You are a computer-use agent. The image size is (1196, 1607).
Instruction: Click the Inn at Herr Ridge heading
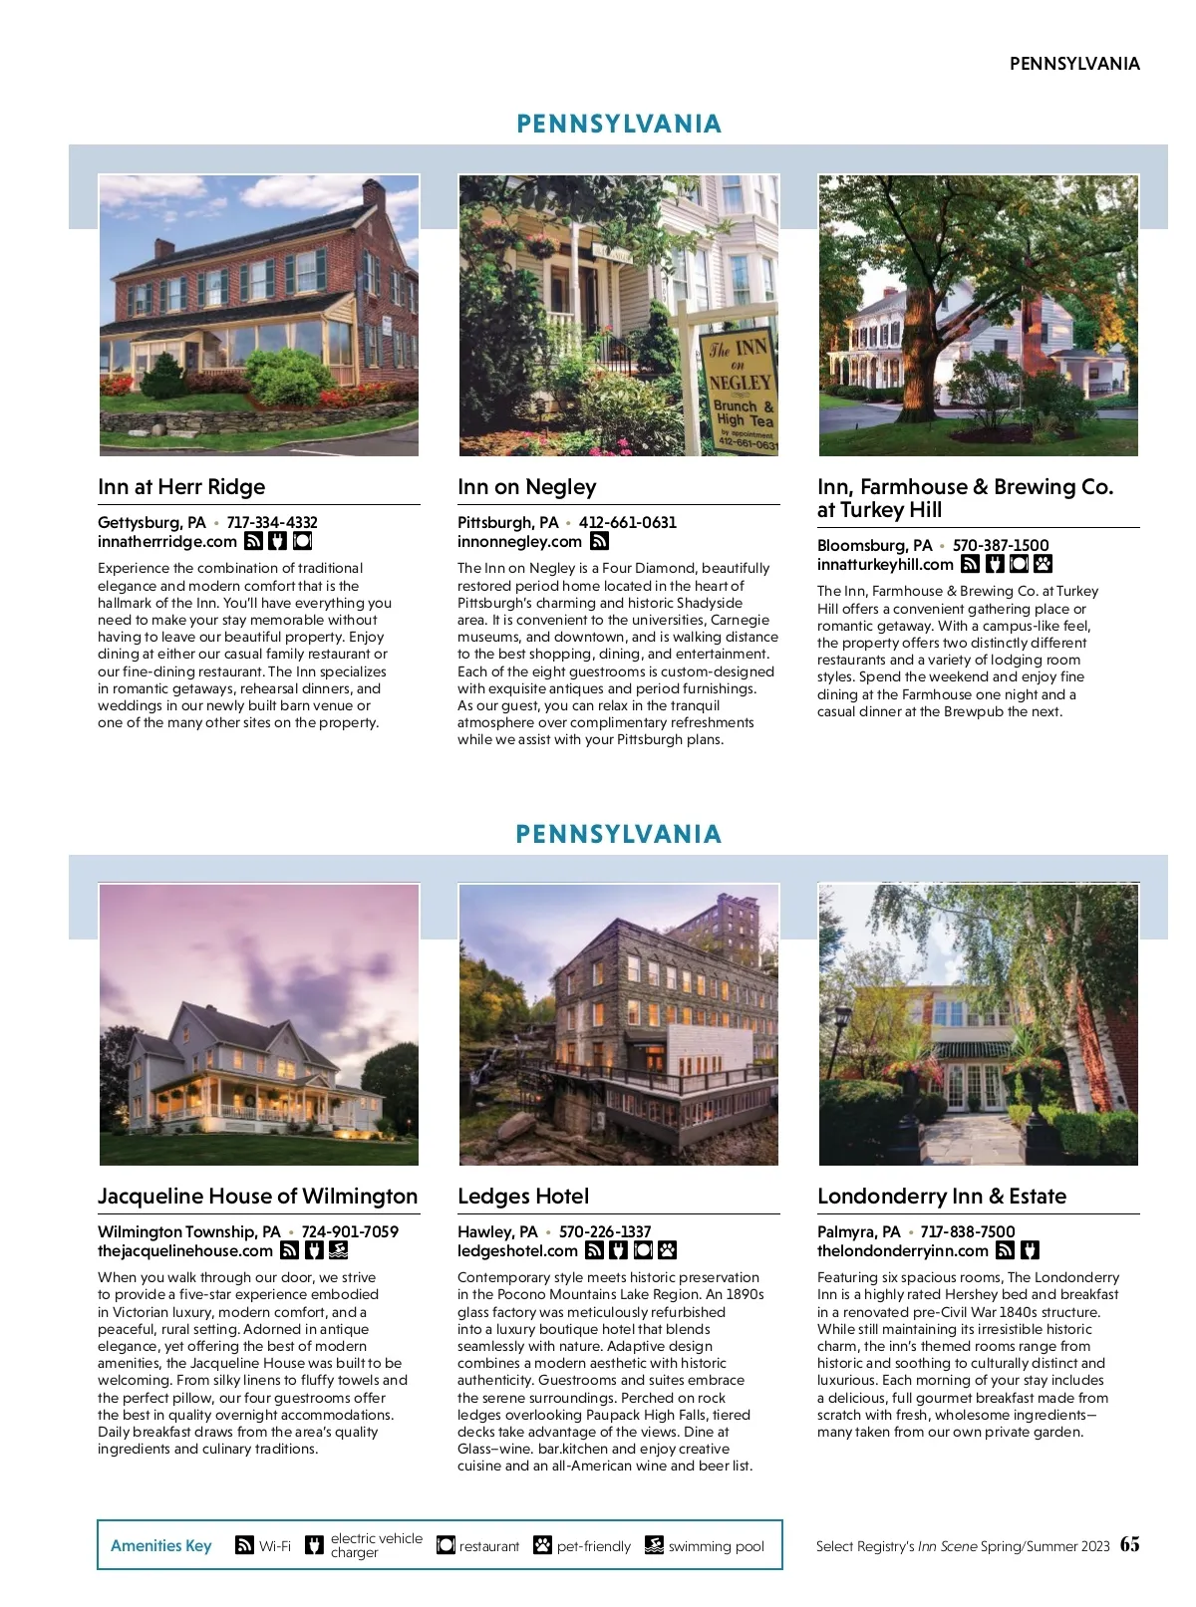pos(181,487)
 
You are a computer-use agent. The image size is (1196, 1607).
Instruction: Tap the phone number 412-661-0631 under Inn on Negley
pos(627,522)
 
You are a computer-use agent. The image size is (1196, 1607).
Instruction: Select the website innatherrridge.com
pos(167,542)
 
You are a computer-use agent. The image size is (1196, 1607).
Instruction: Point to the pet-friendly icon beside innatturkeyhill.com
pos(1043,565)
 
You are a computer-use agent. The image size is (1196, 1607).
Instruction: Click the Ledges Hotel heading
pos(523,1197)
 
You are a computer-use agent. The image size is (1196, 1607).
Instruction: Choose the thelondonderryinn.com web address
pos(902,1251)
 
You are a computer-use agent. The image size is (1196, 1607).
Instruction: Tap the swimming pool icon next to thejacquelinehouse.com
pos(338,1251)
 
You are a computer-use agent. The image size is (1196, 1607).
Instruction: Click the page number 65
pos(1129,1544)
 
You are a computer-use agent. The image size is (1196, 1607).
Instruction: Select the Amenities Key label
pos(161,1546)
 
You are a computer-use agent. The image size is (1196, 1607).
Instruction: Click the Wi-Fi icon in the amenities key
pos(244,1545)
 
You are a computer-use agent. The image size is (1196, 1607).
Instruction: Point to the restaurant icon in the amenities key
pos(446,1545)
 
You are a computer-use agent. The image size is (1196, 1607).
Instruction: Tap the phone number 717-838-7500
pos(967,1232)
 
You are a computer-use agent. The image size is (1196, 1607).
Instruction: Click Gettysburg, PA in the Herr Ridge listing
pos(151,522)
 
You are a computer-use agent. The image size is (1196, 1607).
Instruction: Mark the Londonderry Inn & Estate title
pos(941,1197)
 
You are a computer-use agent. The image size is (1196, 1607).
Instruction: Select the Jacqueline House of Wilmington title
pos(257,1197)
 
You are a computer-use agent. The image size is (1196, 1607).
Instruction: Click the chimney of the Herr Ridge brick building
pos(374,195)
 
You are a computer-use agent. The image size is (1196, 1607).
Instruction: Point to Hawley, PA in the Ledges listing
pos(497,1232)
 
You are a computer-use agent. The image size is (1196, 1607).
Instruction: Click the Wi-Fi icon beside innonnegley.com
pos(599,542)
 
